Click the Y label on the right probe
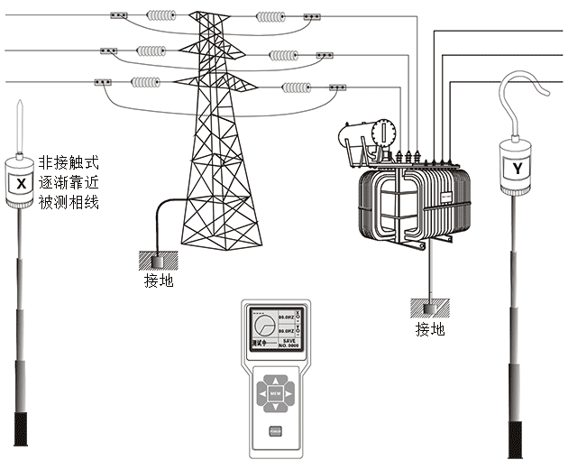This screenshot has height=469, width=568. [517, 166]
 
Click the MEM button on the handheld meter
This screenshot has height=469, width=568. [276, 394]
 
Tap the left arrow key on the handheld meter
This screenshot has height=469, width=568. [261, 394]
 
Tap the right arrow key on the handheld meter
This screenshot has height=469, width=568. [290, 394]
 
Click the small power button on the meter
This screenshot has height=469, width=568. [276, 430]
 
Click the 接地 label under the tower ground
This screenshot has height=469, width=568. [159, 280]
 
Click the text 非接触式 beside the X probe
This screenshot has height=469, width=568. [69, 163]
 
